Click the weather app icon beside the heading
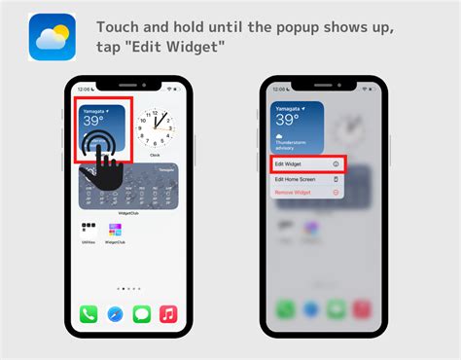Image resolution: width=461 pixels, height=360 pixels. point(53,37)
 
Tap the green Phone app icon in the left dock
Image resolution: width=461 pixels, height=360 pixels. point(89,314)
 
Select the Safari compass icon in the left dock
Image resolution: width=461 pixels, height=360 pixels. point(115,314)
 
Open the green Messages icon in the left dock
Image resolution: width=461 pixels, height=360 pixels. point(141,314)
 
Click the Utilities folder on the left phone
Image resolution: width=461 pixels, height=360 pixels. point(89,232)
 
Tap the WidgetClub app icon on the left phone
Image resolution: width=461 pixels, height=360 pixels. point(116,232)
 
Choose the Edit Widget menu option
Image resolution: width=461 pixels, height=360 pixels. point(305,164)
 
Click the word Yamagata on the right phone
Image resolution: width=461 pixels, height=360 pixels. point(288,108)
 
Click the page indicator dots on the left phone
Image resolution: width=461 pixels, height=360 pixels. point(128,289)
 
